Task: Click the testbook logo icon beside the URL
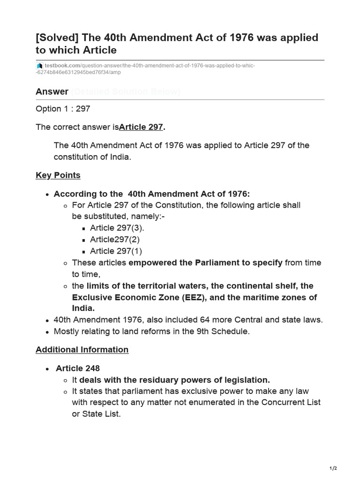40,66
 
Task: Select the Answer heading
52,91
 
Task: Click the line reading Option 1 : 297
63,109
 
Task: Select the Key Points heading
58,175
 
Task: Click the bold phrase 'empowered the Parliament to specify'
205,262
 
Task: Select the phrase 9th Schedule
228,331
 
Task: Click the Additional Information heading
82,350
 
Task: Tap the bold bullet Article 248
78,368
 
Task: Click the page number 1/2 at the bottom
333,468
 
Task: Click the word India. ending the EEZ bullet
83,308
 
